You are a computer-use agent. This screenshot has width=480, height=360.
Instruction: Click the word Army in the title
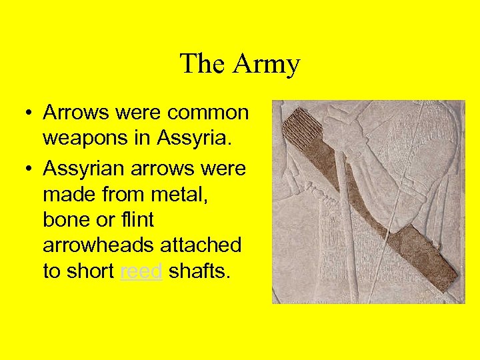[267, 65]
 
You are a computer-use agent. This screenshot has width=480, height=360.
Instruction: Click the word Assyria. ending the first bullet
[194, 139]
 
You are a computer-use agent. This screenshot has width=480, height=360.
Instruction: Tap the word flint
[137, 219]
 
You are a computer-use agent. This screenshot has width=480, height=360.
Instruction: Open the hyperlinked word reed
[141, 272]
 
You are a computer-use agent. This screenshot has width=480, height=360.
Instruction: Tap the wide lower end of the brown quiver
[433, 263]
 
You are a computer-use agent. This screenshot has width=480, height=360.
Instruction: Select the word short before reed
[91, 272]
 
